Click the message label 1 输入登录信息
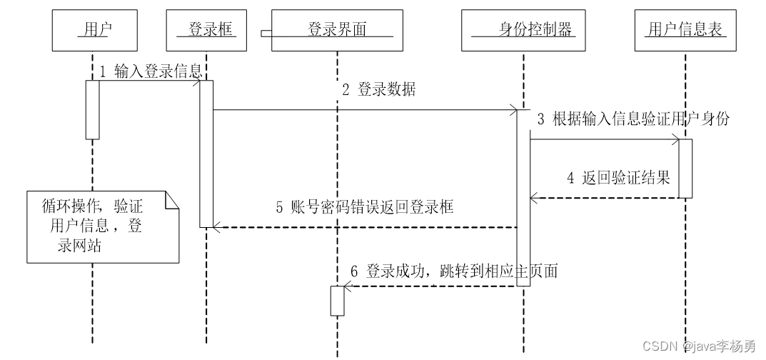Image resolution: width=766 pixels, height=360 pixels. [151, 72]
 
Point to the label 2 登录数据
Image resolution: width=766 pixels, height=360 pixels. [378, 89]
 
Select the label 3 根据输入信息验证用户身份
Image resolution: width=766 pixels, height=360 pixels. [633, 119]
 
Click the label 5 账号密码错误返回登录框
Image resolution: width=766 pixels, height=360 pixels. [365, 207]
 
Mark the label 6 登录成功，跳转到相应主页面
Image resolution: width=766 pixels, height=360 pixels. [454, 271]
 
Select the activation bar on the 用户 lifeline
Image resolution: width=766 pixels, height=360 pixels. [92, 110]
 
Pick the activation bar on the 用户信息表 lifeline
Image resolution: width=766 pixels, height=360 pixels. [685, 169]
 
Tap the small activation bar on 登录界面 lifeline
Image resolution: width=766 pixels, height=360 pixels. [337, 301]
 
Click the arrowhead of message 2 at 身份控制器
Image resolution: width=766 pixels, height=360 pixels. [514, 110]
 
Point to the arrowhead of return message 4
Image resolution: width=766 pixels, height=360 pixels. [534, 198]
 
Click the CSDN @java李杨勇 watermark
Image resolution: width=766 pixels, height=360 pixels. [699, 346]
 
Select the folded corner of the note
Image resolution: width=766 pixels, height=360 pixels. [171, 200]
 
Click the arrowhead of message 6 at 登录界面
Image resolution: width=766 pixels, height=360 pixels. [348, 286]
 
